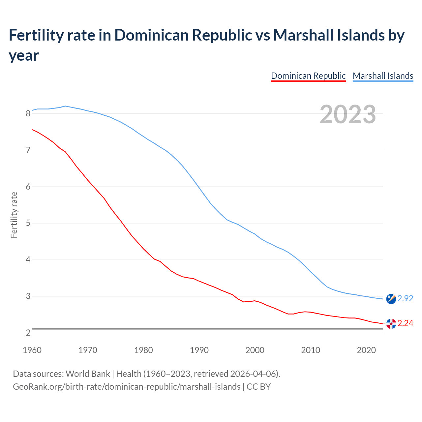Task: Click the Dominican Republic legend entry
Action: coord(308,76)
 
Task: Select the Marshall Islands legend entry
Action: coord(383,76)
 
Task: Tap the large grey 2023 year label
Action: coord(348,114)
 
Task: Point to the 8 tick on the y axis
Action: coord(28,113)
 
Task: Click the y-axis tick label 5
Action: coord(28,223)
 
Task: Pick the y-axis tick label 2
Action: coord(28,333)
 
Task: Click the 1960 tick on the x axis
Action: coord(32,350)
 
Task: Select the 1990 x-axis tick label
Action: coord(199,350)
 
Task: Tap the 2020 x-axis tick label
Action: coord(366,350)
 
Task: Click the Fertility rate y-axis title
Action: coord(14,215)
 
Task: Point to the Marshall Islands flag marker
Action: coord(391,299)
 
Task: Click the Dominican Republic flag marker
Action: coord(391,324)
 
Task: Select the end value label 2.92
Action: coord(405,298)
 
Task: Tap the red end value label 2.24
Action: coord(405,323)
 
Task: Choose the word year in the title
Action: coord(24,55)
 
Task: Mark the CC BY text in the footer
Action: coord(258,386)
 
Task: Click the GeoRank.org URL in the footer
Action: coord(127,386)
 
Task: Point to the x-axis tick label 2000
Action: coord(255,350)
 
